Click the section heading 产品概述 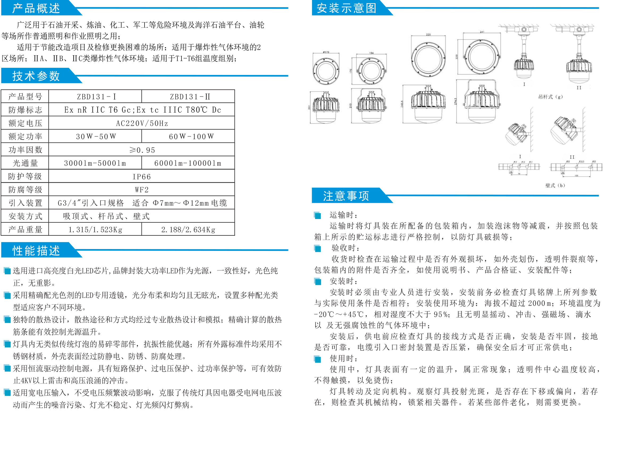pyautogui.click(x=36, y=8)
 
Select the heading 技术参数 pyautogui.click(x=36, y=76)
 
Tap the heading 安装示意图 pyautogui.click(x=346, y=8)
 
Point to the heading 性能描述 pyautogui.click(x=36, y=250)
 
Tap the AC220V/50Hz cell pyautogui.click(x=142, y=123)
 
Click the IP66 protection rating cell pyautogui.click(x=141, y=176)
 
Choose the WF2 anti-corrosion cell pyautogui.click(x=141, y=190)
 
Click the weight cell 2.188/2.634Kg pyautogui.click(x=188, y=230)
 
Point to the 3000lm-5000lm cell pyautogui.click(x=95, y=163)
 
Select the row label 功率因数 pyautogui.click(x=25, y=150)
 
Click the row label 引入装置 pyautogui.click(x=25, y=203)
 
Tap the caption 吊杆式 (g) pyautogui.click(x=550, y=97)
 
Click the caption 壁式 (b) pyautogui.click(x=555, y=185)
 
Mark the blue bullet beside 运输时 pyautogui.click(x=318, y=215)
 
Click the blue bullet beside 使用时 pyautogui.click(x=318, y=359)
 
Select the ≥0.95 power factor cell pyautogui.click(x=142, y=150)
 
